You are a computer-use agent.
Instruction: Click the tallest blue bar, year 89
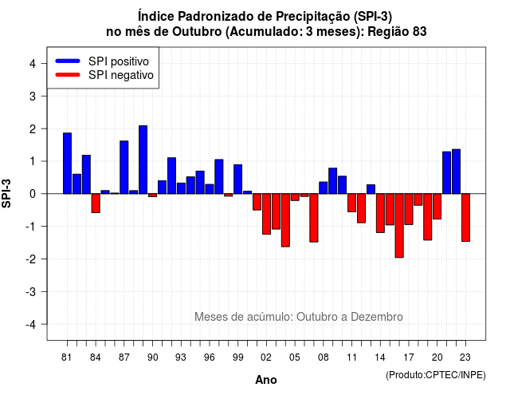coord(143,160)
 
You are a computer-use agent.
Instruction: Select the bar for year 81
coord(67,163)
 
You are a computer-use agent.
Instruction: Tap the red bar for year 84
coord(96,203)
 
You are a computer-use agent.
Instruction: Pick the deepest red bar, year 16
coord(399,225)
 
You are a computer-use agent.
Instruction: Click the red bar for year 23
coord(465,218)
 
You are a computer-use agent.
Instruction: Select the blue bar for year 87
coord(124,168)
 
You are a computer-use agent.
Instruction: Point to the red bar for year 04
coord(285,220)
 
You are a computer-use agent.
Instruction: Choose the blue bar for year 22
coord(456,172)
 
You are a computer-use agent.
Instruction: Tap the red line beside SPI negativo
coord(68,75)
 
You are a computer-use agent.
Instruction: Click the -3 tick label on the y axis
coord(30,291)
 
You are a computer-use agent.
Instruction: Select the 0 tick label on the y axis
coord(33,194)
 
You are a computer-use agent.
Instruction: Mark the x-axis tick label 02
coord(265,358)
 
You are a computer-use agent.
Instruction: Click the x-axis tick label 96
coord(209,358)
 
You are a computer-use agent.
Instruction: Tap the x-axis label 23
coord(465,358)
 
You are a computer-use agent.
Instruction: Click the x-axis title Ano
coord(266,380)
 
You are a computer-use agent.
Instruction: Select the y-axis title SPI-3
coord(6,193)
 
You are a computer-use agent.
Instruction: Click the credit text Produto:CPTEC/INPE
coord(436,375)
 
